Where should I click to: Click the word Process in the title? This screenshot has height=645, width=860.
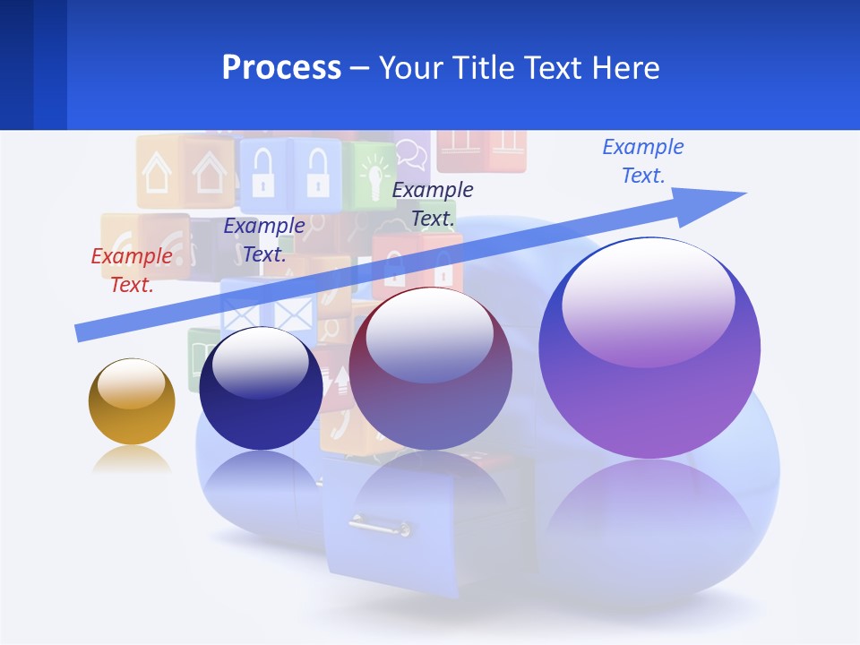pyautogui.click(x=281, y=68)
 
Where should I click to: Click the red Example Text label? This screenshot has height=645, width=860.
pyautogui.click(x=132, y=271)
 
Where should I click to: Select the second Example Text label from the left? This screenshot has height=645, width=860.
pyautogui.click(x=264, y=240)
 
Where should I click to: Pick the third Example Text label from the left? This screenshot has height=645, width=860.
pyautogui.click(x=433, y=203)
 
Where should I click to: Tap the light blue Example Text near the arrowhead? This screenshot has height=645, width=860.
pyautogui.click(x=643, y=160)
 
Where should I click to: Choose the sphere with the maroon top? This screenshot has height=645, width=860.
pyautogui.click(x=430, y=369)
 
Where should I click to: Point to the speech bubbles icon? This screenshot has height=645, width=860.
pyautogui.click(x=411, y=153)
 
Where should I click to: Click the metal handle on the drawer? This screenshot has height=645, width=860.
pyautogui.click(x=380, y=525)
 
